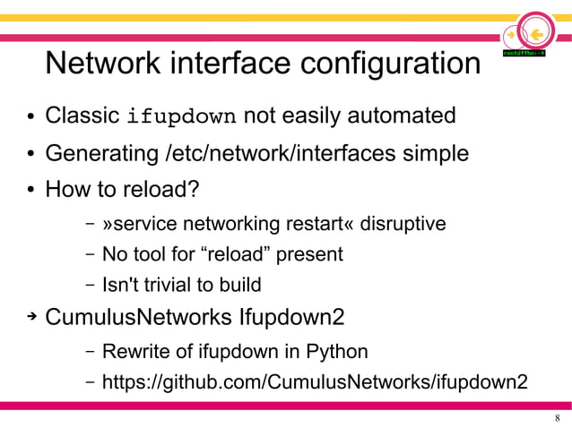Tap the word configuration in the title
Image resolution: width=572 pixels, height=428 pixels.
[391, 64]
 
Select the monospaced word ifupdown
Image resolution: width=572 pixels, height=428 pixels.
[182, 117]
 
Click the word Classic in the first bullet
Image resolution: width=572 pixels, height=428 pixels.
[82, 116]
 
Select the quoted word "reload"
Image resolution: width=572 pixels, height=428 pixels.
[238, 254]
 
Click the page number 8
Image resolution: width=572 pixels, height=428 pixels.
[558, 419]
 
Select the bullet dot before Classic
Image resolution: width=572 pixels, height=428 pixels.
[30, 118]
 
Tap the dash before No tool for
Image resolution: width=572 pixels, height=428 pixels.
[91, 255]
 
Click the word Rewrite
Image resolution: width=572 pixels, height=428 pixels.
[134, 350]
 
